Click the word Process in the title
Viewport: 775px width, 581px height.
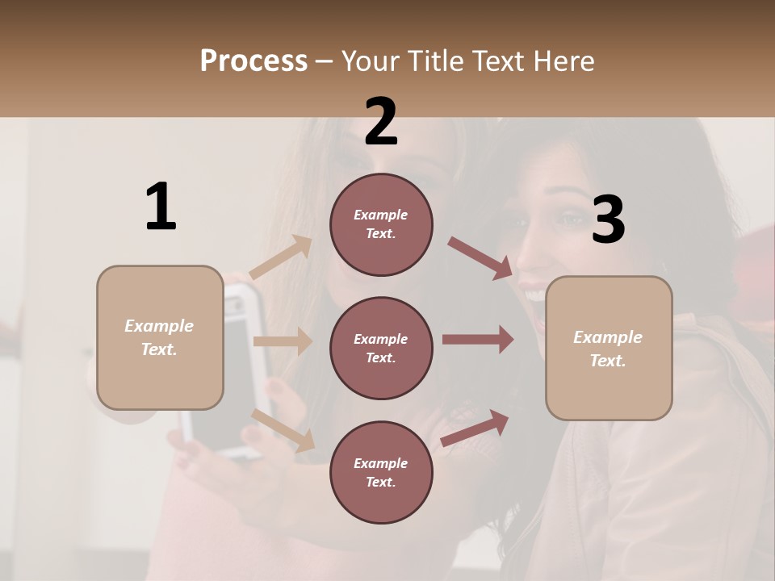pos(253,61)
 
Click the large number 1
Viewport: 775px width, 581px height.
pos(161,207)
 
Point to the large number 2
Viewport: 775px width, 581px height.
pos(381,122)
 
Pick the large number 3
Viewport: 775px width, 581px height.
pos(608,219)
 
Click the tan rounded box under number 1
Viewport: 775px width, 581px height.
pos(160,337)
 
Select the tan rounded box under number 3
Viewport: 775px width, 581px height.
pos(609,349)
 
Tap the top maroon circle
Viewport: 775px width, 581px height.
pos(381,224)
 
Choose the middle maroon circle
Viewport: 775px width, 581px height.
pos(381,348)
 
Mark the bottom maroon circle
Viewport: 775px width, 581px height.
pos(381,472)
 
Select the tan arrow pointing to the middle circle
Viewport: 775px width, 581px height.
pos(283,341)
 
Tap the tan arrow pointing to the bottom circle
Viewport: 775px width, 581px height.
pos(283,430)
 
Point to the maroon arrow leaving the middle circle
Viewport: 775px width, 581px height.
pos(478,339)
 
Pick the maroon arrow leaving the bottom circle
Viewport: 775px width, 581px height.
pos(475,428)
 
